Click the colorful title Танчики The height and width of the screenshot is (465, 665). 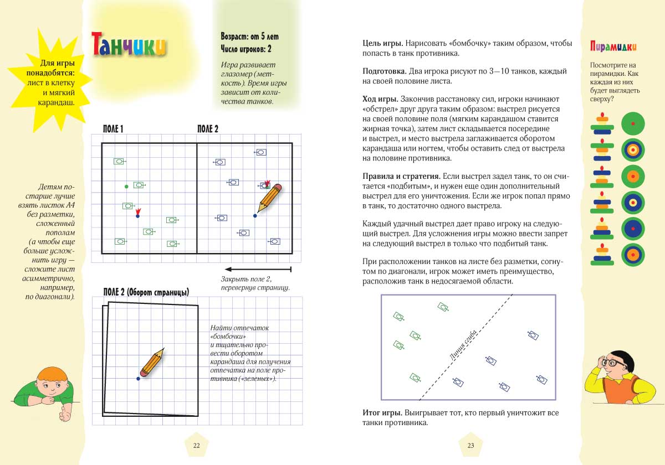(x=128, y=44)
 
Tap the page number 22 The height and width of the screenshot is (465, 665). (x=197, y=446)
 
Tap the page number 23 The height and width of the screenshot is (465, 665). (x=471, y=446)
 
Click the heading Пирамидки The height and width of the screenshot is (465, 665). (x=613, y=46)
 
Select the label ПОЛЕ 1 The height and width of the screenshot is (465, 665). (x=113, y=129)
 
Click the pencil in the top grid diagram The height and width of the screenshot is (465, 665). (x=269, y=197)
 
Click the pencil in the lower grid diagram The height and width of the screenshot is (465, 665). (x=151, y=363)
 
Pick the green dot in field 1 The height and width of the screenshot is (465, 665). (x=126, y=186)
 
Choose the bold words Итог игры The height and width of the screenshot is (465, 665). (x=381, y=413)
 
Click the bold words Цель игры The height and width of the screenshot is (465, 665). (x=382, y=43)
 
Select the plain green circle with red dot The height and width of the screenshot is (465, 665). (x=633, y=123)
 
